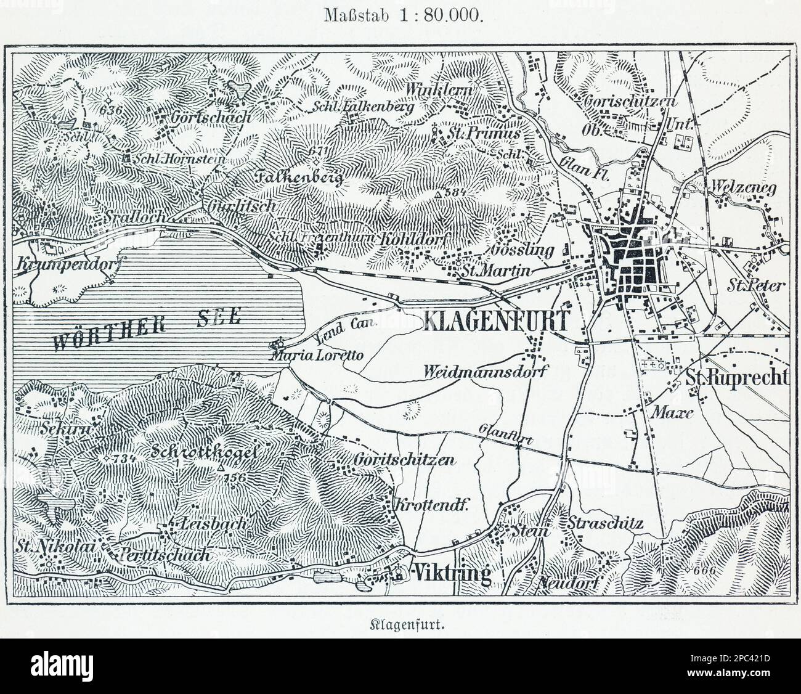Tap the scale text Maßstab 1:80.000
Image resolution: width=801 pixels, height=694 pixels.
[x=400, y=16]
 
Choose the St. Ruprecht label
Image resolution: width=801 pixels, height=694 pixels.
[x=738, y=378]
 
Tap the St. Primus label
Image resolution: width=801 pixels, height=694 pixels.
[x=494, y=133]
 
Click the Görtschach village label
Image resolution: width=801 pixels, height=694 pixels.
[x=211, y=117]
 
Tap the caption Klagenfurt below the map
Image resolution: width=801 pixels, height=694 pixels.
[x=400, y=623]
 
